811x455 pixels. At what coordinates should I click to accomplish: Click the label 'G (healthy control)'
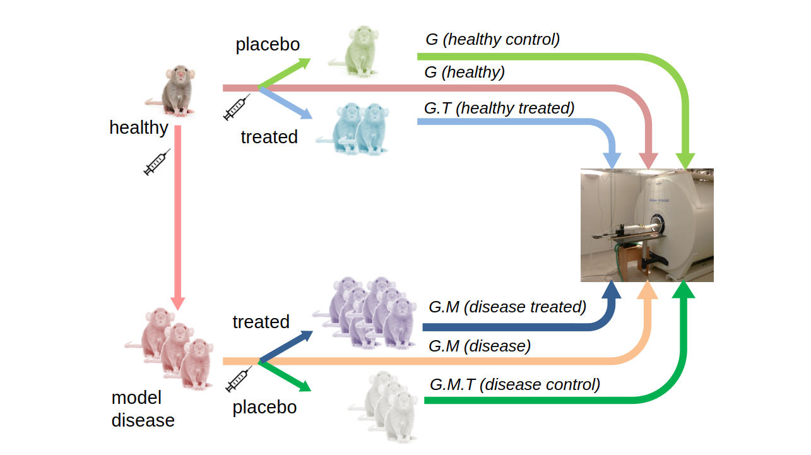click(x=492, y=40)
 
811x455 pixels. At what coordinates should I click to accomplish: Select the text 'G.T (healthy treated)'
click(x=499, y=109)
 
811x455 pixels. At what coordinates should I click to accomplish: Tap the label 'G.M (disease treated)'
click(x=507, y=307)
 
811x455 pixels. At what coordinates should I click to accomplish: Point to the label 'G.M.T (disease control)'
click(x=515, y=384)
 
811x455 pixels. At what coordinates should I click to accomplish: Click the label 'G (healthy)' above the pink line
click(x=465, y=72)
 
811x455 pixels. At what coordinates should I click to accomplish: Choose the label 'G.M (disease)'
click(x=480, y=346)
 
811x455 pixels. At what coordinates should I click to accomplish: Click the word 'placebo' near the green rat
click(x=268, y=45)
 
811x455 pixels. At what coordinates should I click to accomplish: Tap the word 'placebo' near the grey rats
click(x=264, y=408)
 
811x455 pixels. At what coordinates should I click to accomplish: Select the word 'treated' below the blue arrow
click(x=269, y=137)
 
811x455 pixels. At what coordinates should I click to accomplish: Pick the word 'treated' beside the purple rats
click(x=261, y=322)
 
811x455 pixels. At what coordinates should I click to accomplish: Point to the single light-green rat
click(x=355, y=51)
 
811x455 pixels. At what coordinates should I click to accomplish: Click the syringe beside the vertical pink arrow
click(x=157, y=162)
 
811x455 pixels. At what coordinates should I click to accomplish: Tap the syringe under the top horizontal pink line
click(x=237, y=107)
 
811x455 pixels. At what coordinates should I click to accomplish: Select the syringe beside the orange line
click(x=239, y=379)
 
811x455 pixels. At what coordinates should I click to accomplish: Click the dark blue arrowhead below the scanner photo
click(x=612, y=290)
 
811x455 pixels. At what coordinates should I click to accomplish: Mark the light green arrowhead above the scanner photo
click(x=685, y=161)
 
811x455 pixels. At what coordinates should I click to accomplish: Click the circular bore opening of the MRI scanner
click(x=658, y=223)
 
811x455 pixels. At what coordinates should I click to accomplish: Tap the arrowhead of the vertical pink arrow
click(x=178, y=304)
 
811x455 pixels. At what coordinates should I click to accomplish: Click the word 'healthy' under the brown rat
click(x=139, y=127)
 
